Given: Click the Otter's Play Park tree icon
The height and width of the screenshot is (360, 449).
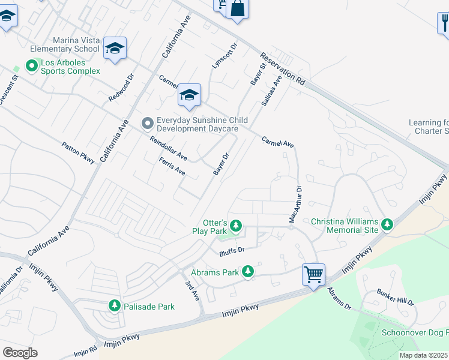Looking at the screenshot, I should tap(237, 226).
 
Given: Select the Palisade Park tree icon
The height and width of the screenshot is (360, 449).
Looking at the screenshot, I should tap(114, 306).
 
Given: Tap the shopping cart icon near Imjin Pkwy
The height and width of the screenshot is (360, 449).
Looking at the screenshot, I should tap(313, 275).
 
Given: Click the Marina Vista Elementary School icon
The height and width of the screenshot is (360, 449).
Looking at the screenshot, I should tap(115, 48).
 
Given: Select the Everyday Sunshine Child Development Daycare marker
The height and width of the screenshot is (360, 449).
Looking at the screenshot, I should tap(147, 124).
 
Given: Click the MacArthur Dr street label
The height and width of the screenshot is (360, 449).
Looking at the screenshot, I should tap(295, 205).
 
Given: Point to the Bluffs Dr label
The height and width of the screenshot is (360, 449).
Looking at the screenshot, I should tap(232, 250).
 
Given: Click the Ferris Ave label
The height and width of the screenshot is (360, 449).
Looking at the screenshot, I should tap(172, 166).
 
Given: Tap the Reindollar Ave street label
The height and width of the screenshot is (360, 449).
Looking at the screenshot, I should tap(169, 149).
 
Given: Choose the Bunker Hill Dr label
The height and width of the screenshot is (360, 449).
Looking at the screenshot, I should tap(396, 296).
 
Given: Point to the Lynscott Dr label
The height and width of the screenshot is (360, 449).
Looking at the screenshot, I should tap(225, 55).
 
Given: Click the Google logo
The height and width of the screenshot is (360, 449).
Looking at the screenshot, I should tap(20, 352).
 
